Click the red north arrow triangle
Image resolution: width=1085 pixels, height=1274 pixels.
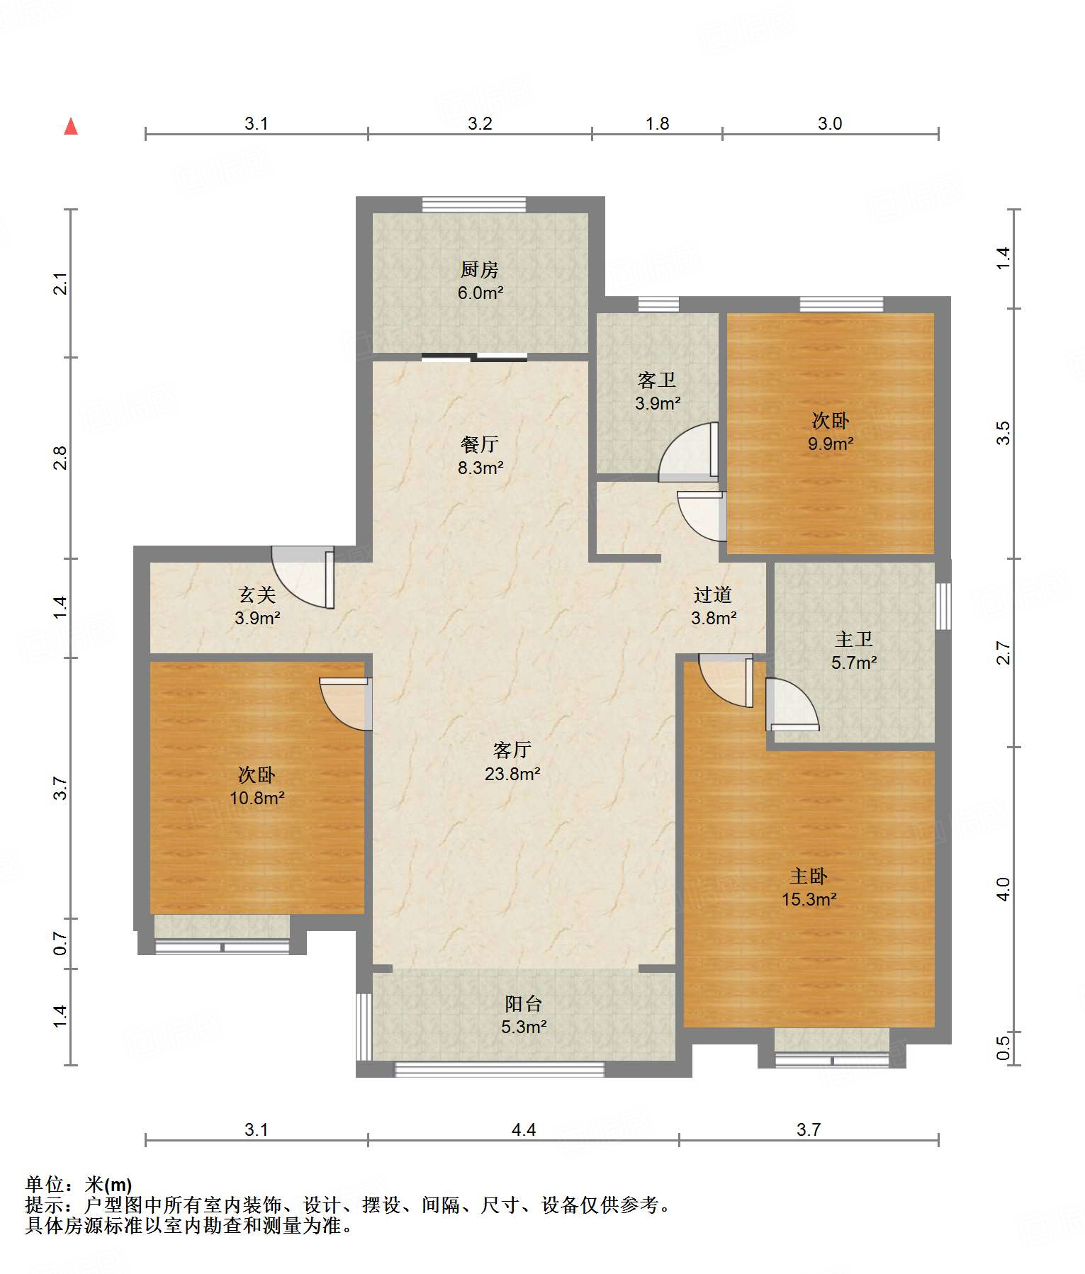tap(71, 126)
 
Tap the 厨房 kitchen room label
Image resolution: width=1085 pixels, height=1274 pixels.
tap(480, 269)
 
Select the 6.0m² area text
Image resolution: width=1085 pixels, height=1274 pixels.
tap(480, 293)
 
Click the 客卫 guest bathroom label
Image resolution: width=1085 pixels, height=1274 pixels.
tap(657, 380)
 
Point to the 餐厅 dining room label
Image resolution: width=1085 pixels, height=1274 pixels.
tap(480, 444)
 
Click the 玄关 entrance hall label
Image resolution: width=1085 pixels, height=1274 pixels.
tap(257, 594)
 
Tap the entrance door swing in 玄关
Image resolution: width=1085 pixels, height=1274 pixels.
tap(303, 577)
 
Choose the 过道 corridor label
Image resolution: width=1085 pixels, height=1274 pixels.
tap(713, 594)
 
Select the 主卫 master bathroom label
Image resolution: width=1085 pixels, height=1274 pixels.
tap(854, 639)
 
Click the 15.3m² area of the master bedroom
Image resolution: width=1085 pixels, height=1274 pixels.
tap(809, 899)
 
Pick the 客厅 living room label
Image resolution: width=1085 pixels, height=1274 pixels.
tap(512, 750)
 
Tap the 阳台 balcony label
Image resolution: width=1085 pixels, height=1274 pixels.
tap(524, 1003)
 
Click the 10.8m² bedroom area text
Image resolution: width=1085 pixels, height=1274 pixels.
tap(257, 798)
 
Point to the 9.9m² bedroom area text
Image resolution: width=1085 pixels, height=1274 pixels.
tap(831, 444)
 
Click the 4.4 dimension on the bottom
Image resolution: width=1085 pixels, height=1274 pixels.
tap(524, 1129)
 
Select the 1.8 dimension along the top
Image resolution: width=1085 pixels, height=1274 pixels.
tap(658, 123)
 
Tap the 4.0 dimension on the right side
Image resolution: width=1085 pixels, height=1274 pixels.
tap(1003, 889)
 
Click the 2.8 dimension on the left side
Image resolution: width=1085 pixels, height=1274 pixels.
tap(61, 458)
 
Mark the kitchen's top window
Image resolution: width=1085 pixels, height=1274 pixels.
tap(474, 205)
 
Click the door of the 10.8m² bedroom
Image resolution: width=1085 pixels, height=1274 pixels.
tap(346, 704)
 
